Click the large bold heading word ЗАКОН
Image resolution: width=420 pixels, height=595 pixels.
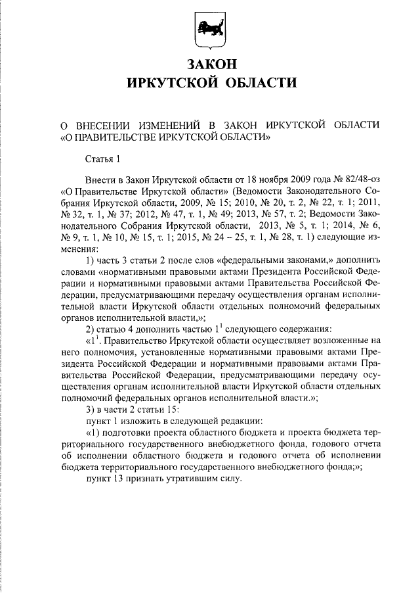coord(209,64)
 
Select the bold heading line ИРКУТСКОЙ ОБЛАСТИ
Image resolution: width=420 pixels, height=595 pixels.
coord(209,83)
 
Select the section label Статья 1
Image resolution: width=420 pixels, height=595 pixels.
coord(103,158)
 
